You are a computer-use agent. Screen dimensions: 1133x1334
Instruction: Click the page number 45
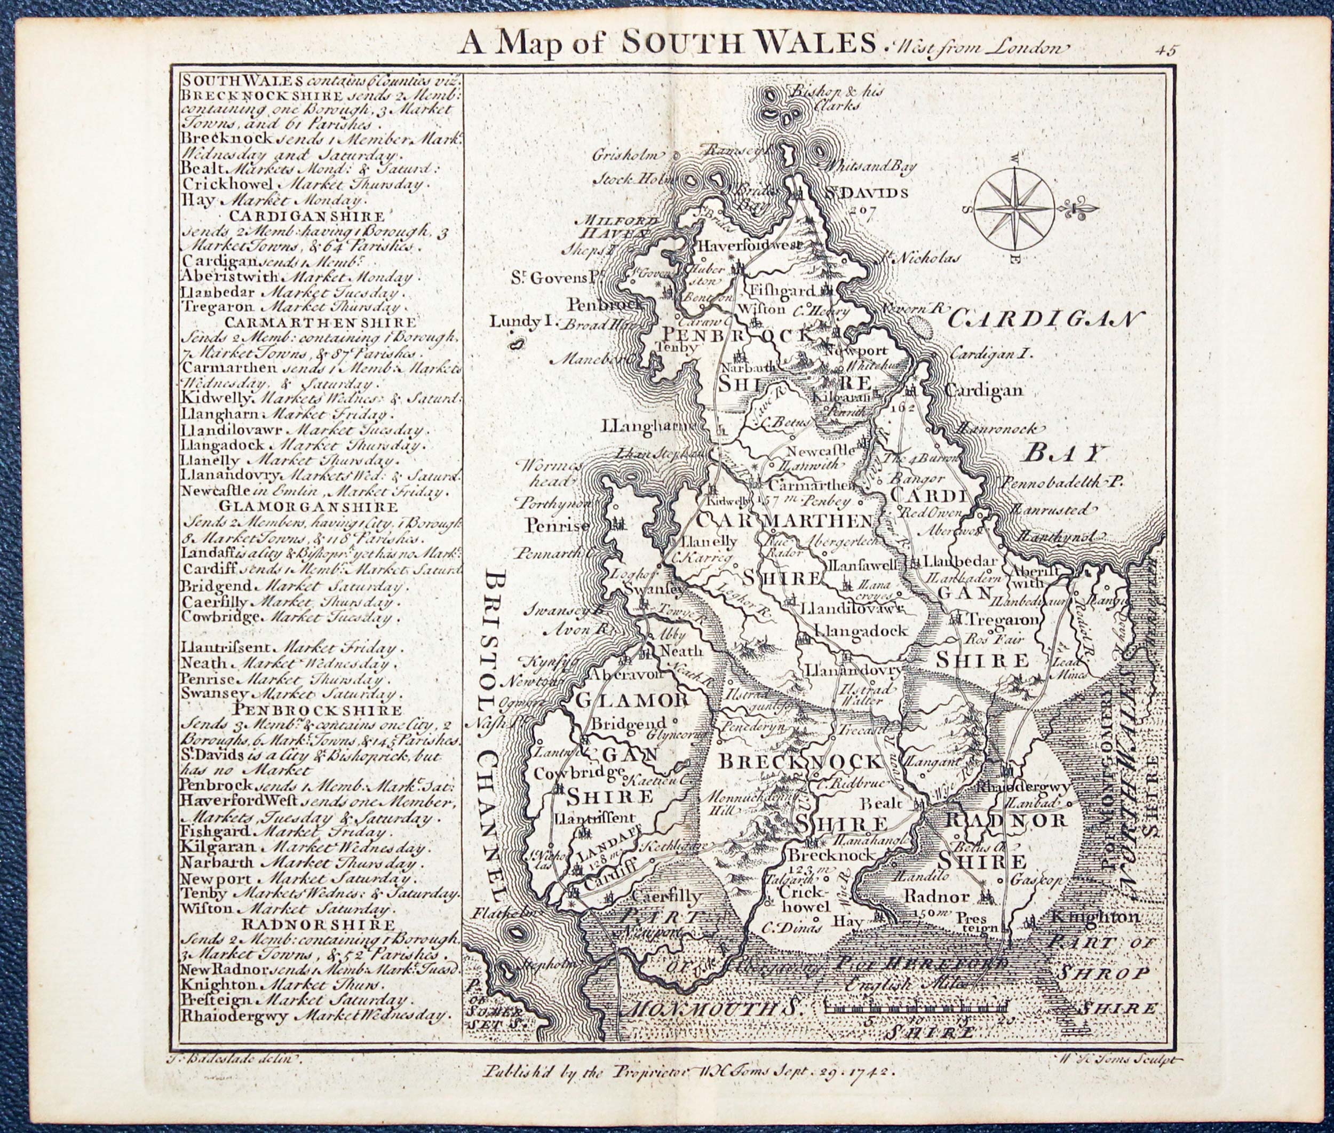click(x=1164, y=51)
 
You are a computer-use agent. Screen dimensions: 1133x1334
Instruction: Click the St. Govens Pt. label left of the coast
click(x=551, y=278)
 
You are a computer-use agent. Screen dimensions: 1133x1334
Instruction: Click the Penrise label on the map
click(x=557, y=526)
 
